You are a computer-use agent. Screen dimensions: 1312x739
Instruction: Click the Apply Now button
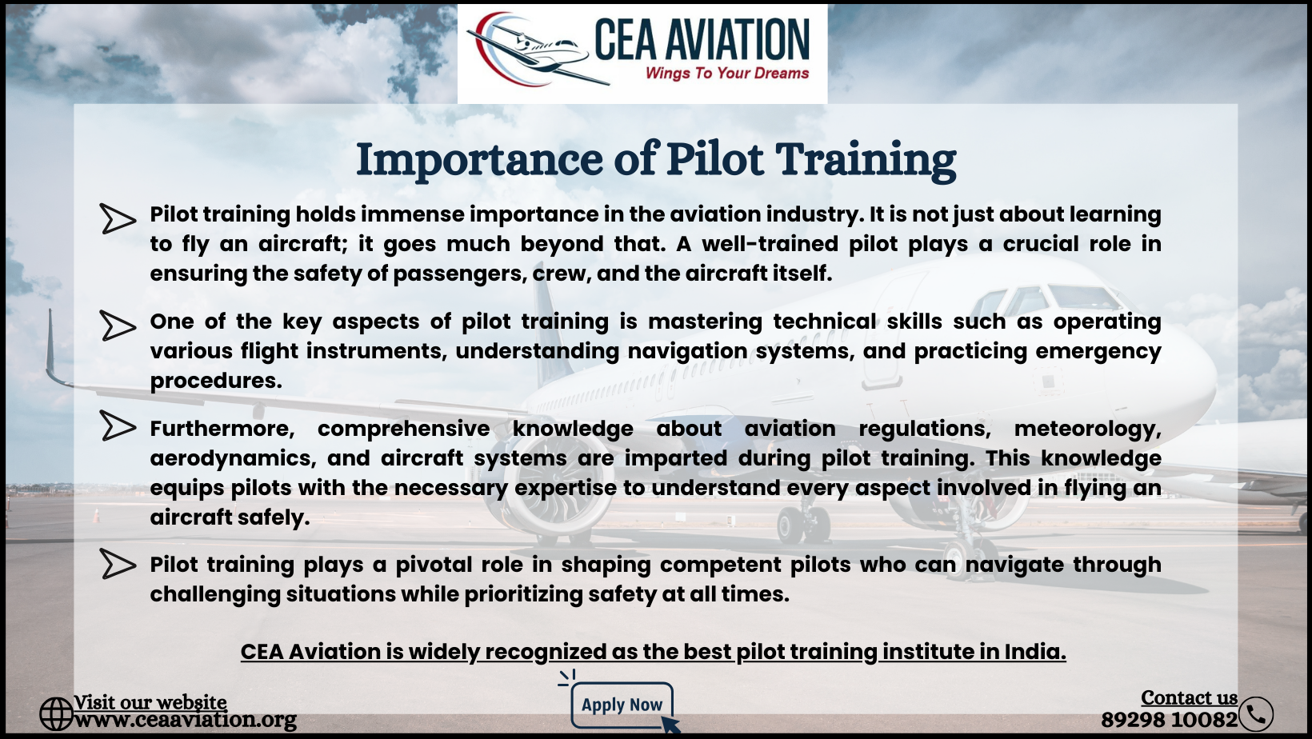[x=622, y=705]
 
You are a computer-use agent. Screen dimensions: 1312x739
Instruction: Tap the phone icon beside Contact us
[x=1256, y=714]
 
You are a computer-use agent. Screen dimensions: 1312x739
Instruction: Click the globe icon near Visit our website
[x=56, y=714]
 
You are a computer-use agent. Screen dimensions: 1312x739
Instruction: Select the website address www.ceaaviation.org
[x=185, y=720]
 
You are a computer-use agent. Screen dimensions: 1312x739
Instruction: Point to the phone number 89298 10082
[x=1169, y=720]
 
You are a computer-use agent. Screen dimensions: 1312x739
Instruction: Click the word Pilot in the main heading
[x=714, y=159]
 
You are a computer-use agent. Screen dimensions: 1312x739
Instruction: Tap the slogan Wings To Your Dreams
[x=727, y=74]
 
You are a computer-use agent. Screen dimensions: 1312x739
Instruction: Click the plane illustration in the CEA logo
[x=536, y=50]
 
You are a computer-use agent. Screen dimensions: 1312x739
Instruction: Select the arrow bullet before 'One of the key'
[x=117, y=326]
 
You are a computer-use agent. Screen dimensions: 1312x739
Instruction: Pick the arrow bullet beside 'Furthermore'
[x=117, y=425]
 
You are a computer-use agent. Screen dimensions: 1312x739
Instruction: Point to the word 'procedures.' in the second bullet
[x=216, y=381]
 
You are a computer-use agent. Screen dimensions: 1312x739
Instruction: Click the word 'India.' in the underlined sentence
[x=1035, y=652]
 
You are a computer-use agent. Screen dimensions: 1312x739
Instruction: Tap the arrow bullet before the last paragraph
[x=117, y=564]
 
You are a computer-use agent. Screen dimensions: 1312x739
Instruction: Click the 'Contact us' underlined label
[x=1189, y=698]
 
